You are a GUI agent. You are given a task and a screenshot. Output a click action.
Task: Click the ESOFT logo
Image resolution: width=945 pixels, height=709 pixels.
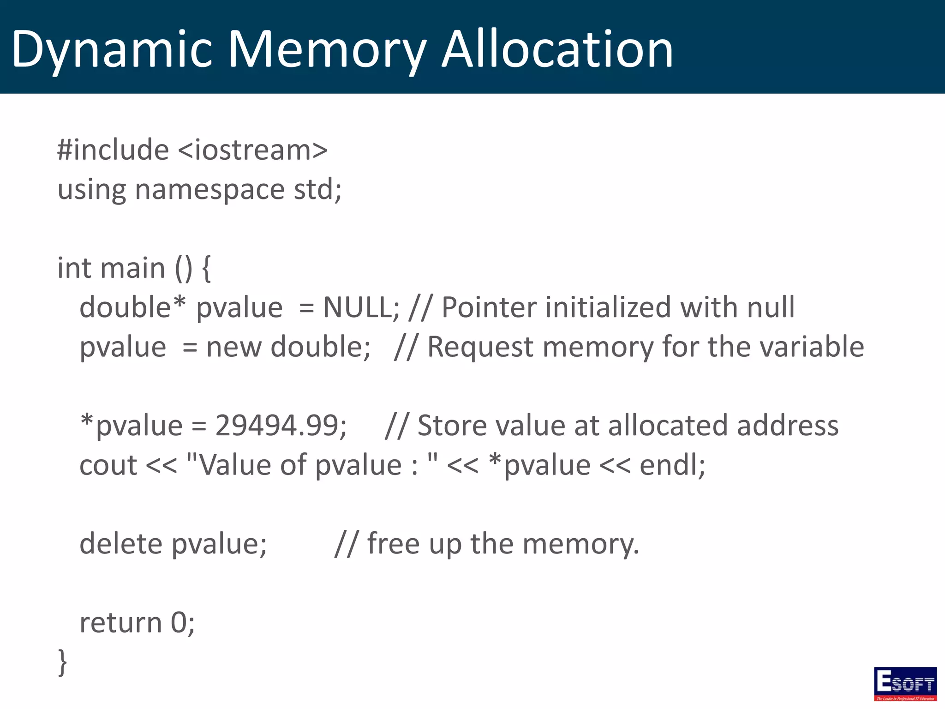[x=905, y=684]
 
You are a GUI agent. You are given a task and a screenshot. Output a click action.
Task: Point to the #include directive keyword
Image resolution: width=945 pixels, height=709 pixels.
[x=113, y=150]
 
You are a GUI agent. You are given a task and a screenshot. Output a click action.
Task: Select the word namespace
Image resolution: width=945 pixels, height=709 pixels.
[x=210, y=190]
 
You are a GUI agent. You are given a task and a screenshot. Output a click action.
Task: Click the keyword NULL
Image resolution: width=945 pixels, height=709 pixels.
[x=357, y=307]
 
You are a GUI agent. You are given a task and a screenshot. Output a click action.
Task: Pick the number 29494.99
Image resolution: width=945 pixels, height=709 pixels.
[x=277, y=426]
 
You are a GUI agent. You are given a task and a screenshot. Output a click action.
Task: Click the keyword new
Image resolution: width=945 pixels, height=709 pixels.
[x=233, y=347]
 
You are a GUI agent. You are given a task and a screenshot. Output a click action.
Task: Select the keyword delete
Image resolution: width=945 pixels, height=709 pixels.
[x=121, y=543]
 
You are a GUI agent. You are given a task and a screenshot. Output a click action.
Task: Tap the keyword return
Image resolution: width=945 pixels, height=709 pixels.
[x=121, y=623]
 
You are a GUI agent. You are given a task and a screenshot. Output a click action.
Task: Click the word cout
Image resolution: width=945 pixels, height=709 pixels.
[x=108, y=465]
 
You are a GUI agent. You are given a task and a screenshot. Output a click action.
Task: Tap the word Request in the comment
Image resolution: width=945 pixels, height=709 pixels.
[x=480, y=347]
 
